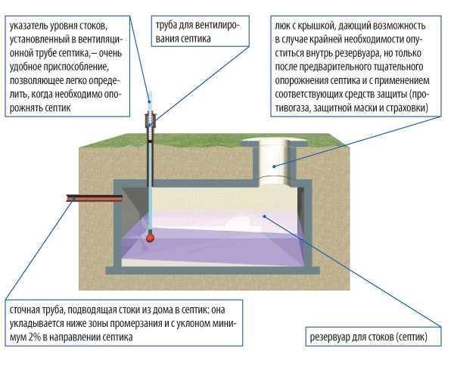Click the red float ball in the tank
click(150, 238)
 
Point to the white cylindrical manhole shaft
click(274, 162)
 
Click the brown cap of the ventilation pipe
click(151, 120)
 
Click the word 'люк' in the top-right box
click(281, 26)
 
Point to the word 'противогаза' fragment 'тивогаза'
click(292, 108)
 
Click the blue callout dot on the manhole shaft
click(274, 166)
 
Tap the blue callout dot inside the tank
click(264, 216)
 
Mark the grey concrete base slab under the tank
click(213, 270)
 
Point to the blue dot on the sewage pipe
click(74, 198)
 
